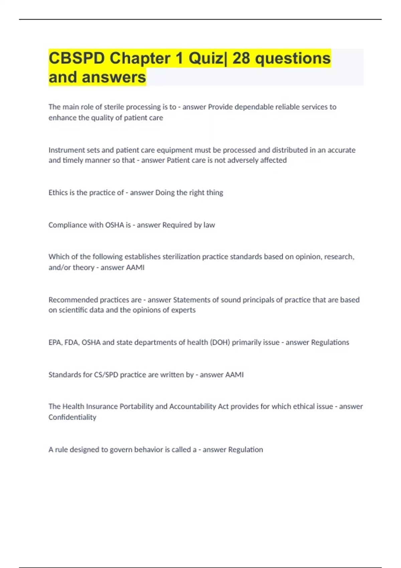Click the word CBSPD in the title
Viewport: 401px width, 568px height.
pyautogui.click(x=77, y=58)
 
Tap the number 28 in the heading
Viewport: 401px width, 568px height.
pyautogui.click(x=241, y=58)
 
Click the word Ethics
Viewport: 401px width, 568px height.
pyautogui.click(x=58, y=192)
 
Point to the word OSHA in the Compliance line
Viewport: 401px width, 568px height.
pyautogui.click(x=115, y=225)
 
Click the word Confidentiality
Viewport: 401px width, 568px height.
pyautogui.click(x=72, y=417)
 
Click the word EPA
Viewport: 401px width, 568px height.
pyautogui.click(x=55, y=342)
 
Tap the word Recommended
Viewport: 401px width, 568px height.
pyautogui.click(x=73, y=300)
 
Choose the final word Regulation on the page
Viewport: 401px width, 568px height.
pyautogui.click(x=246, y=449)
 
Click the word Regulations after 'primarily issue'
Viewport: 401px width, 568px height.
pyautogui.click(x=330, y=342)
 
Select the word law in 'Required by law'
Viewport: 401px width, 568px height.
pyautogui.click(x=209, y=225)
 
